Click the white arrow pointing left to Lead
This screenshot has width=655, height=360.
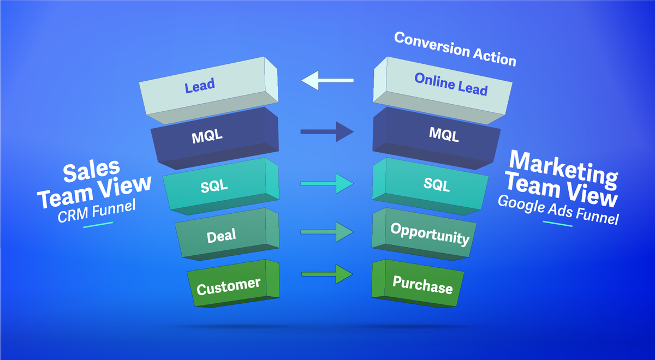point(327,82)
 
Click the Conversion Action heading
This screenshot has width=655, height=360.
point(455,49)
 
